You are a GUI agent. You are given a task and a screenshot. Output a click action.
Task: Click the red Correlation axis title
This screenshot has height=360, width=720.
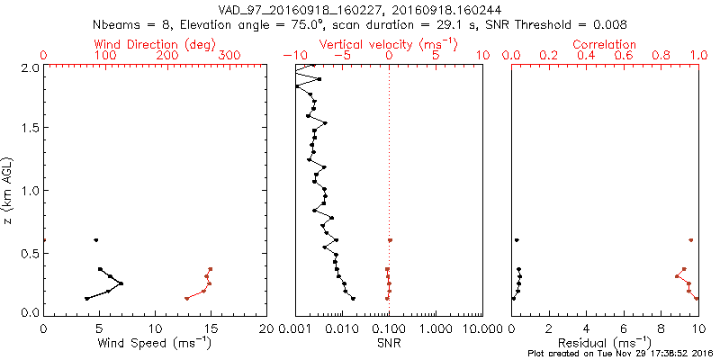click(605, 44)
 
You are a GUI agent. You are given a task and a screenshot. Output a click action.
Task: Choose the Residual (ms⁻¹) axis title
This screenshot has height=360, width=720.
click(605, 343)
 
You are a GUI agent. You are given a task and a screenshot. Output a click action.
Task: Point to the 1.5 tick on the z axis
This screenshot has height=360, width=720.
click(30, 129)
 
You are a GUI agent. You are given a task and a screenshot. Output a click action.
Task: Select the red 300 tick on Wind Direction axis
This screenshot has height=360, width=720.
click(229, 56)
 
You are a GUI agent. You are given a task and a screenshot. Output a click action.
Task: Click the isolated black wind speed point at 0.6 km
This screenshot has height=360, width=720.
click(95, 240)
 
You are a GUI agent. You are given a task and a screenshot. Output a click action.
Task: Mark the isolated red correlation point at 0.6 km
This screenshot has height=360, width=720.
click(690, 240)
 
